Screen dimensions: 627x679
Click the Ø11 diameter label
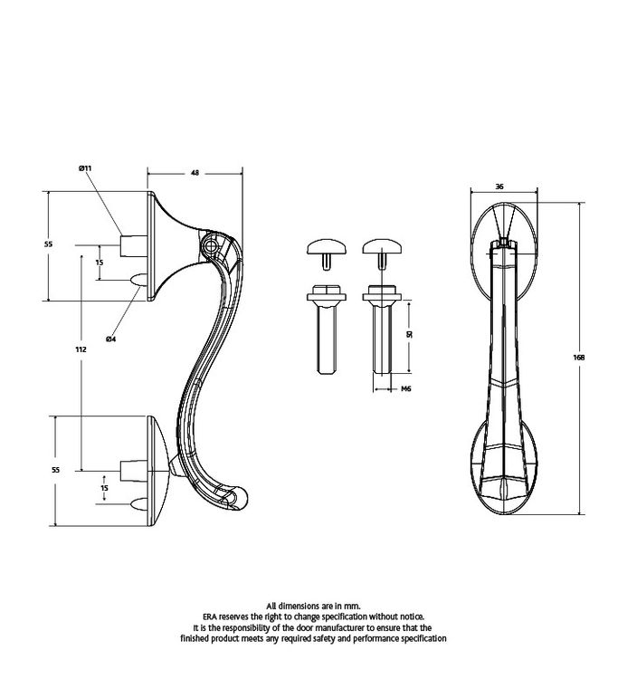(85, 168)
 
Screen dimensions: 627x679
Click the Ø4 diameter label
(110, 339)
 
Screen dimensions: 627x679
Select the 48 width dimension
(195, 173)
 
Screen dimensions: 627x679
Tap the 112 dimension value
(81, 349)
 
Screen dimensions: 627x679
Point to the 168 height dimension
(578, 358)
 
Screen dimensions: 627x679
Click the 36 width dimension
(499, 186)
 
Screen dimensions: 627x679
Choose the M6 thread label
(405, 388)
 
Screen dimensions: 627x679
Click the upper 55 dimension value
(48, 244)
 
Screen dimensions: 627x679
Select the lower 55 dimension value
(55, 470)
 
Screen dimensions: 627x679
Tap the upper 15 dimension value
(100, 263)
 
